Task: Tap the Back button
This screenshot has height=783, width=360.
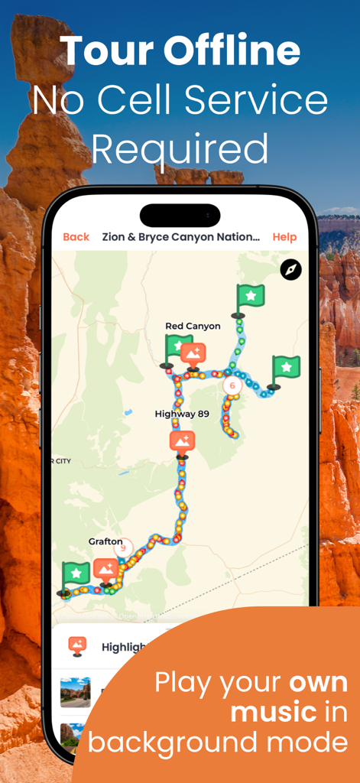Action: click(x=76, y=237)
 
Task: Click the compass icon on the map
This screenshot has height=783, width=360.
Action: click(x=291, y=269)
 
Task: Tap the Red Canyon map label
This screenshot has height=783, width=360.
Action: click(x=193, y=326)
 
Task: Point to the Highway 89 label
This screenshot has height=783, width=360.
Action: click(x=181, y=414)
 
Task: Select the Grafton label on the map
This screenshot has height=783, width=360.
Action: click(x=105, y=541)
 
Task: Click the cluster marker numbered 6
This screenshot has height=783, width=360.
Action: click(x=232, y=385)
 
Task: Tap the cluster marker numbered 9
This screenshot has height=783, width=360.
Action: click(x=123, y=547)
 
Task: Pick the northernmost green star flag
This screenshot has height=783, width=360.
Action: click(x=249, y=297)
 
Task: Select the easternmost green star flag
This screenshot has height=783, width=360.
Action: click(x=285, y=369)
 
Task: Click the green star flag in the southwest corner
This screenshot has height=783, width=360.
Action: click(x=75, y=573)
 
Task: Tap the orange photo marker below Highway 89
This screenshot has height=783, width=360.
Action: click(x=182, y=442)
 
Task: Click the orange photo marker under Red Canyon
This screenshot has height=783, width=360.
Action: click(x=193, y=354)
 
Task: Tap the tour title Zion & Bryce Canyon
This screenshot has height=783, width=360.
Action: click(x=180, y=237)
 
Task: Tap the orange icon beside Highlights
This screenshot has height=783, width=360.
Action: click(x=77, y=646)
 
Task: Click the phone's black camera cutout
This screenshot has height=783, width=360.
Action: click(x=180, y=215)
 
